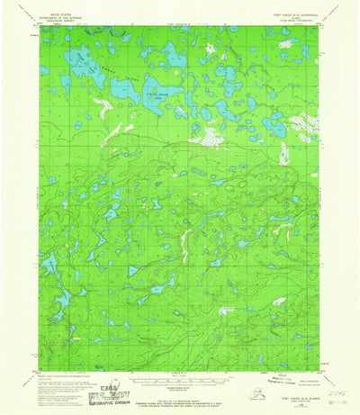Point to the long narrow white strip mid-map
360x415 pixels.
(x=185, y=239)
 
